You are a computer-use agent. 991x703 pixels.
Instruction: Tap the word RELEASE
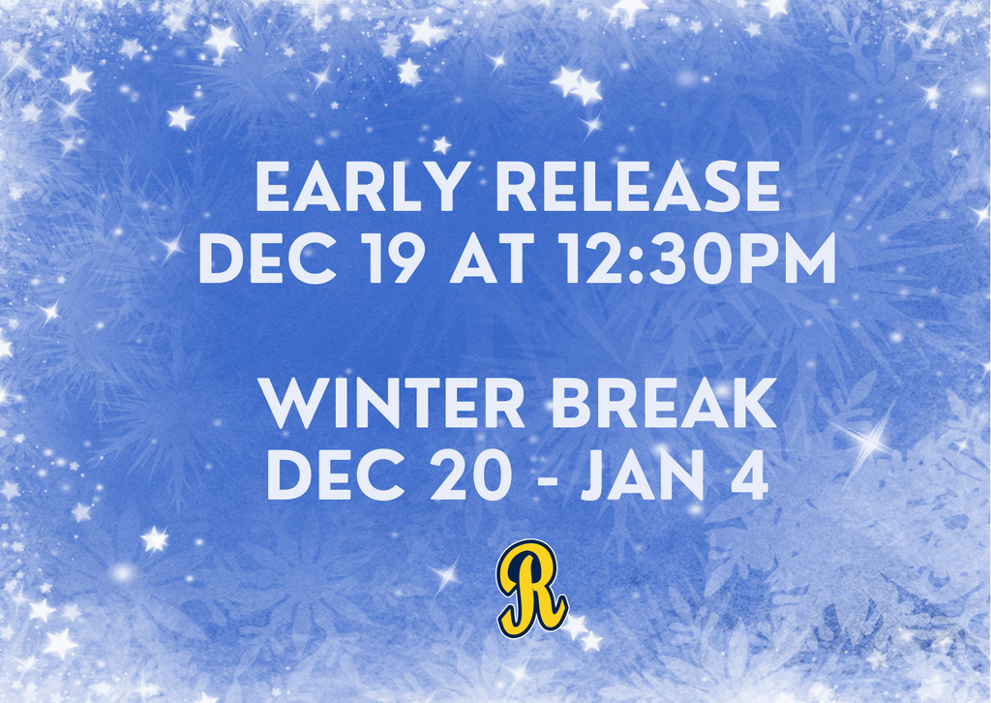[x=638, y=188]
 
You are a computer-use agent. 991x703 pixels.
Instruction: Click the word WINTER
[x=393, y=405]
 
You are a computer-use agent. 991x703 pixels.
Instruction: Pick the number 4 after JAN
[x=747, y=476]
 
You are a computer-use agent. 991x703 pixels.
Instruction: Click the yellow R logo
[x=531, y=588]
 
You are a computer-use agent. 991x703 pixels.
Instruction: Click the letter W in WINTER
[x=291, y=405]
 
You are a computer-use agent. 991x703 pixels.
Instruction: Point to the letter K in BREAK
[x=754, y=405]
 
